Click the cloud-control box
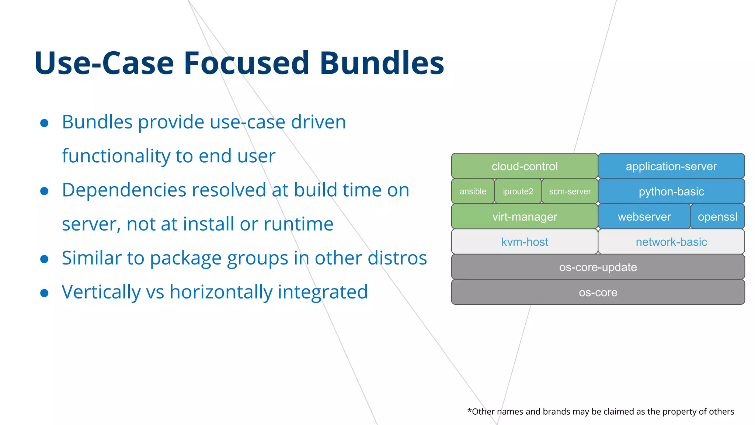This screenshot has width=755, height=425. (524, 166)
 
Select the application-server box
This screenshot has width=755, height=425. (671, 166)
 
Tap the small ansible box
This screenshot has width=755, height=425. (473, 191)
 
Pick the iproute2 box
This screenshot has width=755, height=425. (518, 191)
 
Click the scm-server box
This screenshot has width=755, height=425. (570, 191)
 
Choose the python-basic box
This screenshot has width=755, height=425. (671, 191)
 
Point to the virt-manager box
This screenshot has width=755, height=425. (524, 217)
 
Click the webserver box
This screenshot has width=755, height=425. (644, 217)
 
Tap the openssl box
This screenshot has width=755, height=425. (717, 217)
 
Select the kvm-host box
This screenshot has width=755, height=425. (524, 242)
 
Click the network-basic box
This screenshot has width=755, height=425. (671, 242)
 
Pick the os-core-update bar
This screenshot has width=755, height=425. (598, 267)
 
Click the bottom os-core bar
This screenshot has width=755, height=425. (598, 292)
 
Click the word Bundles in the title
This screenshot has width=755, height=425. (382, 63)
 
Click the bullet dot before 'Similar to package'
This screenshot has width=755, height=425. (45, 259)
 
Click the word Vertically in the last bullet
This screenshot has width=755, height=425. (101, 292)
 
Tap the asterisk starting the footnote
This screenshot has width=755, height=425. (469, 410)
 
